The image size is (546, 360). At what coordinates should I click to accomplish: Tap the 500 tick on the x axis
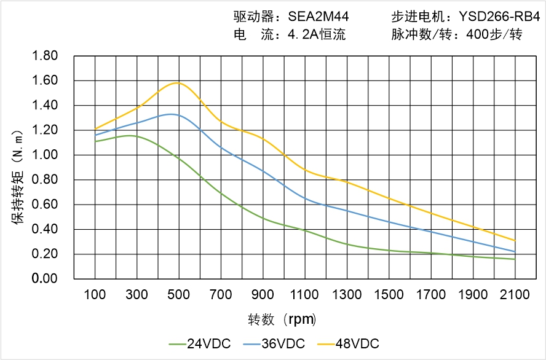click(x=178, y=295)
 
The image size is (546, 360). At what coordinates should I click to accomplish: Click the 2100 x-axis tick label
click(x=515, y=295)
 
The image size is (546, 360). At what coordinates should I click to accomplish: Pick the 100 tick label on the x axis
click(x=95, y=295)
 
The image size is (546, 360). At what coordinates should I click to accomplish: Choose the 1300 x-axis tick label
click(x=346, y=295)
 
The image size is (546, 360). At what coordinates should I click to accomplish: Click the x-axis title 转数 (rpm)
click(x=282, y=319)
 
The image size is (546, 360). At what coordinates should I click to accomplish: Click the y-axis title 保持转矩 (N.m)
click(x=18, y=176)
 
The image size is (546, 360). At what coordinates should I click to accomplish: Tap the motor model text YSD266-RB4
click(x=499, y=17)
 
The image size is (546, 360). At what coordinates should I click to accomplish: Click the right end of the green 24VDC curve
click(x=515, y=259)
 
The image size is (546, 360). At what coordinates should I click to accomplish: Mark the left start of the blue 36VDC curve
click(x=95, y=135)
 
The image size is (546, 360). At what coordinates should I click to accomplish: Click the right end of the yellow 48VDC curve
click(x=515, y=240)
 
